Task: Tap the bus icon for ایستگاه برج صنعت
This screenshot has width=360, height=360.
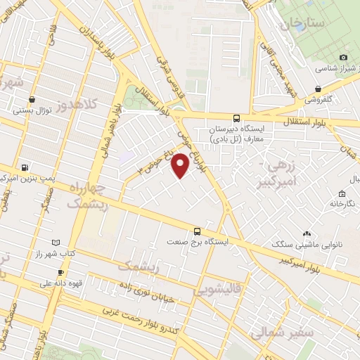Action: tap(198, 231)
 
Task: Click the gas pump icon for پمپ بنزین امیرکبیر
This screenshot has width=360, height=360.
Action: tap(25, 168)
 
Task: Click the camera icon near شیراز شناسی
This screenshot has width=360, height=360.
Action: tap(343, 57)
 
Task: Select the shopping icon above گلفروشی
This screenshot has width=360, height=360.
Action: tap(319, 89)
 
